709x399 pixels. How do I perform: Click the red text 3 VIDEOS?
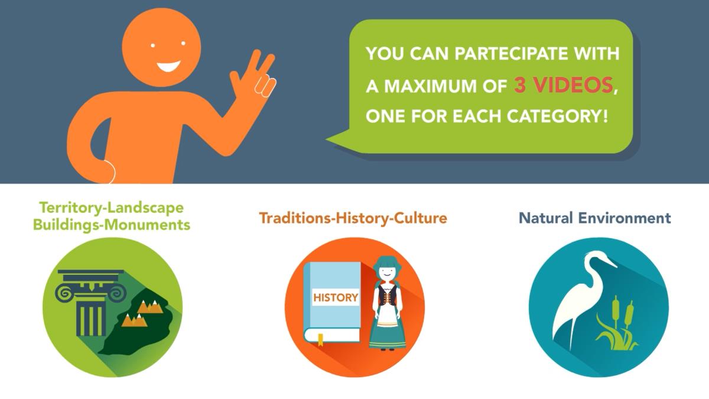click(x=564, y=85)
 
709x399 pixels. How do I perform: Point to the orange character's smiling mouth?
click(x=169, y=66)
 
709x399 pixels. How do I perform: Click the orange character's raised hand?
click(x=253, y=74)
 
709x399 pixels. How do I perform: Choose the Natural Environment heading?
click(x=595, y=218)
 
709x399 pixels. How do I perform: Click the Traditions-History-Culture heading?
click(x=353, y=218)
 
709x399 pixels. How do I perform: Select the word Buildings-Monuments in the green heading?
click(x=112, y=225)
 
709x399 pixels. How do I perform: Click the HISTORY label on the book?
click(x=336, y=297)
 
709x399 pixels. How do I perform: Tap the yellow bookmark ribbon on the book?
click(x=320, y=340)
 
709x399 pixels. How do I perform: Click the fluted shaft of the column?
click(x=90, y=318)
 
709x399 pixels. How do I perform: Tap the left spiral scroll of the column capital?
click(x=64, y=293)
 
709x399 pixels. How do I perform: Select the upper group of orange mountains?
click(x=151, y=307)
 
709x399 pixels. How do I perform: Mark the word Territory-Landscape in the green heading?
click(x=112, y=207)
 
